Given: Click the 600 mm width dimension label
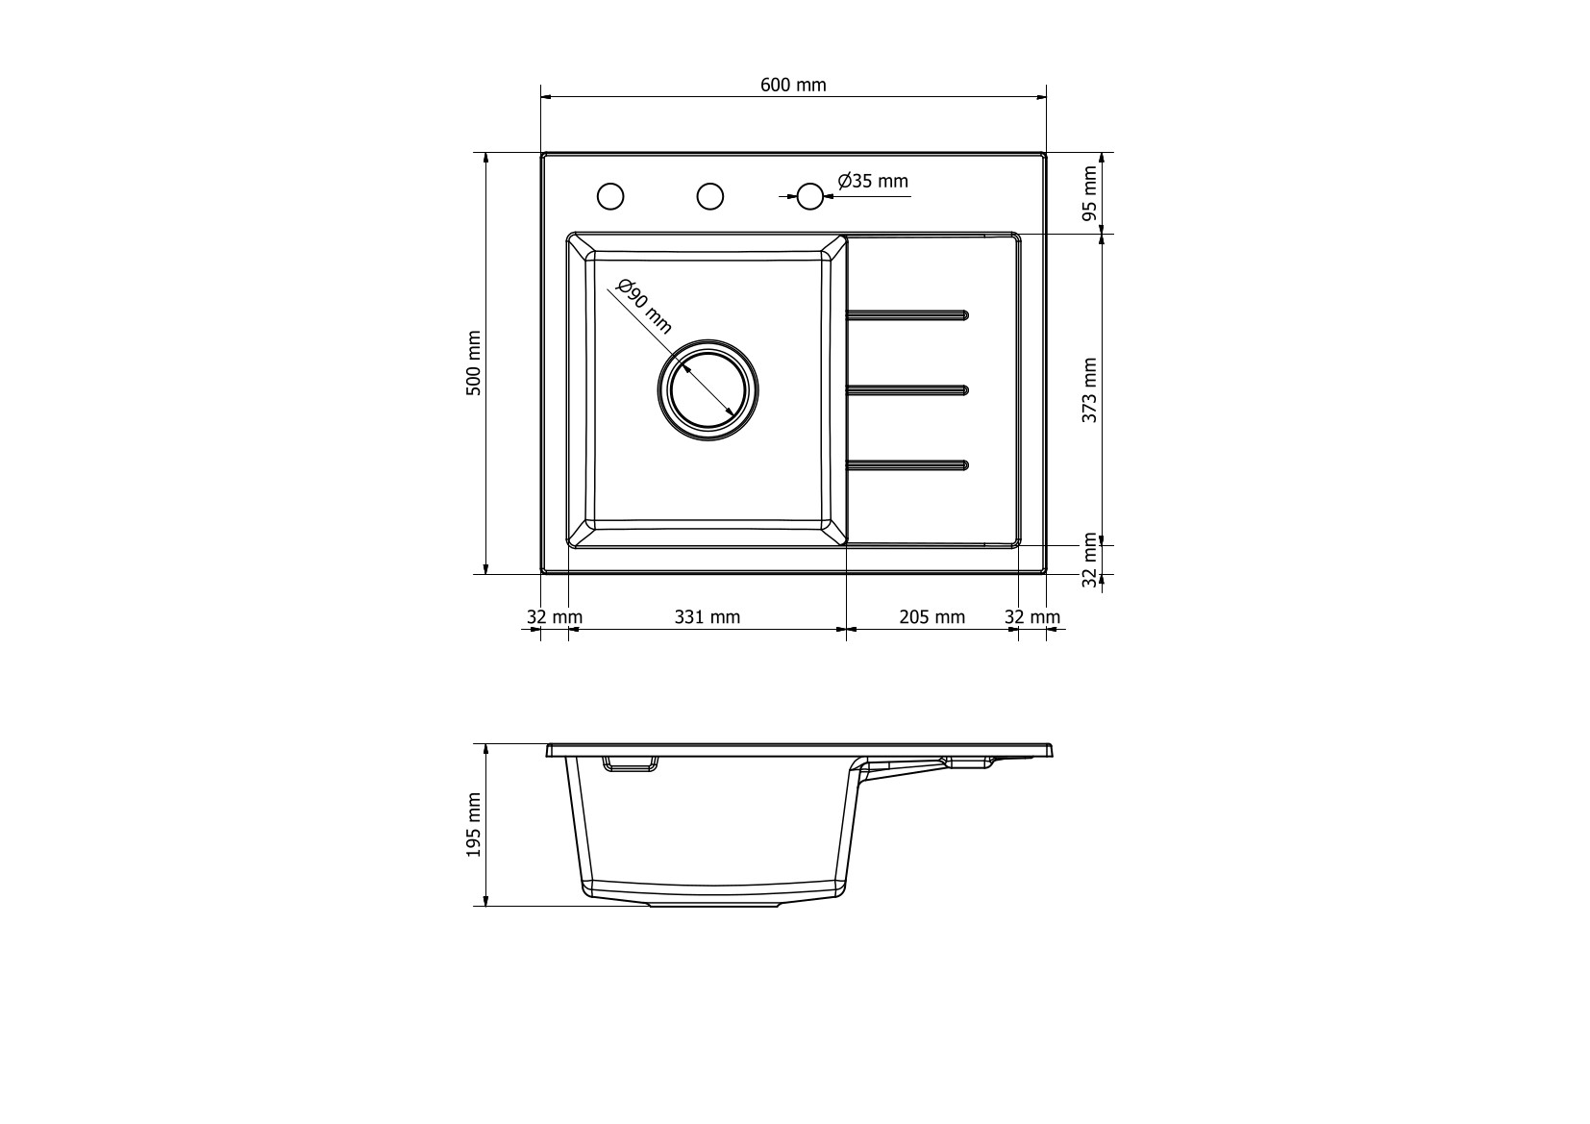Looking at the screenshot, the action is [793, 86].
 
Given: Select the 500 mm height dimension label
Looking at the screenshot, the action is [474, 362].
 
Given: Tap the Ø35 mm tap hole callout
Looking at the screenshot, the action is [872, 181].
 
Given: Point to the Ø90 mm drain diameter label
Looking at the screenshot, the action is [644, 307].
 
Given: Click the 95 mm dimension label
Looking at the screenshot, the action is [1089, 193].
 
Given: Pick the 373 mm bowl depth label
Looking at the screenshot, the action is [1089, 389].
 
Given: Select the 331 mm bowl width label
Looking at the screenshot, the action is [707, 617].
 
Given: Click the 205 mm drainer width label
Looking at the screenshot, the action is [932, 617].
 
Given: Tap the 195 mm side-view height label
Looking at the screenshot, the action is [474, 825].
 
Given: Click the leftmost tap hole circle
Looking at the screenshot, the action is [610, 196].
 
